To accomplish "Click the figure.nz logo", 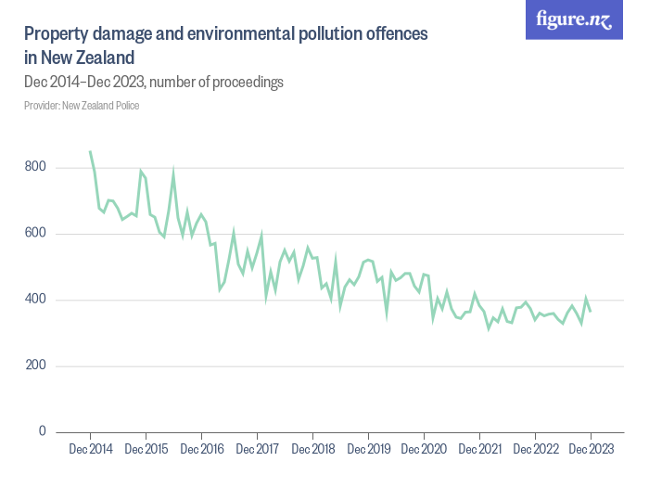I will pos(574,20).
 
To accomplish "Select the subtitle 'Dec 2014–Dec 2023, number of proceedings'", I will pos(154,83).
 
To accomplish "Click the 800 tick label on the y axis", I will pos(36,168).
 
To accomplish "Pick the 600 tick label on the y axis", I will pos(36,234).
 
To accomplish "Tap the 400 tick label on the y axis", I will pos(36,300).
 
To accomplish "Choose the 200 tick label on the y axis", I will pos(36,365).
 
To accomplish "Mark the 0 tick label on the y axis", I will pos(42,431).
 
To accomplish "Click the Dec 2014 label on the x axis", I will pos(90,450).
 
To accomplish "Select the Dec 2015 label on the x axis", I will pos(146,450).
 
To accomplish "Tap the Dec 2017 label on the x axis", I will pos(257,450).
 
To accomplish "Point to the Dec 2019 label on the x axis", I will pos(368,450).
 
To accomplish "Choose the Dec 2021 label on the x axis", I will pos(479,450).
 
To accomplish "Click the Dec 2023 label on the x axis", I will pos(591,450).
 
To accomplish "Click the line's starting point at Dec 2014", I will pos(90,151).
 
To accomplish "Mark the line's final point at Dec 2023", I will pos(591,311).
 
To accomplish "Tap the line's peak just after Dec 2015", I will pos(173,172).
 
